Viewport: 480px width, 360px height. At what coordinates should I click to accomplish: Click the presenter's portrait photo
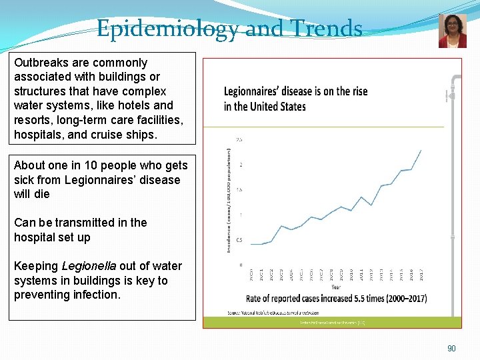pyautogui.click(x=452, y=31)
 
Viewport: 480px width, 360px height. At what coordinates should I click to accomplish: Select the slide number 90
pyautogui.click(x=451, y=349)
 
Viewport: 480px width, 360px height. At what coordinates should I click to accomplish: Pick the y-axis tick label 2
pyautogui.click(x=241, y=165)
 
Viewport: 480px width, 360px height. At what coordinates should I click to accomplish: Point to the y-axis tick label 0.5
pyautogui.click(x=239, y=240)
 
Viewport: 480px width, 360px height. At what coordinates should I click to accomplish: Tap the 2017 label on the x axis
pyautogui.click(x=421, y=274)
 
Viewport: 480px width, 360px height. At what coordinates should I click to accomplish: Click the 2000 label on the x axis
pyautogui.click(x=251, y=274)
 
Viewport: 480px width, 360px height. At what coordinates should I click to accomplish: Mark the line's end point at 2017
pyautogui.click(x=421, y=150)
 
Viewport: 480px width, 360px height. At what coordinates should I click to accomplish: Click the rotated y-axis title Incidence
pyautogui.click(x=229, y=227)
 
